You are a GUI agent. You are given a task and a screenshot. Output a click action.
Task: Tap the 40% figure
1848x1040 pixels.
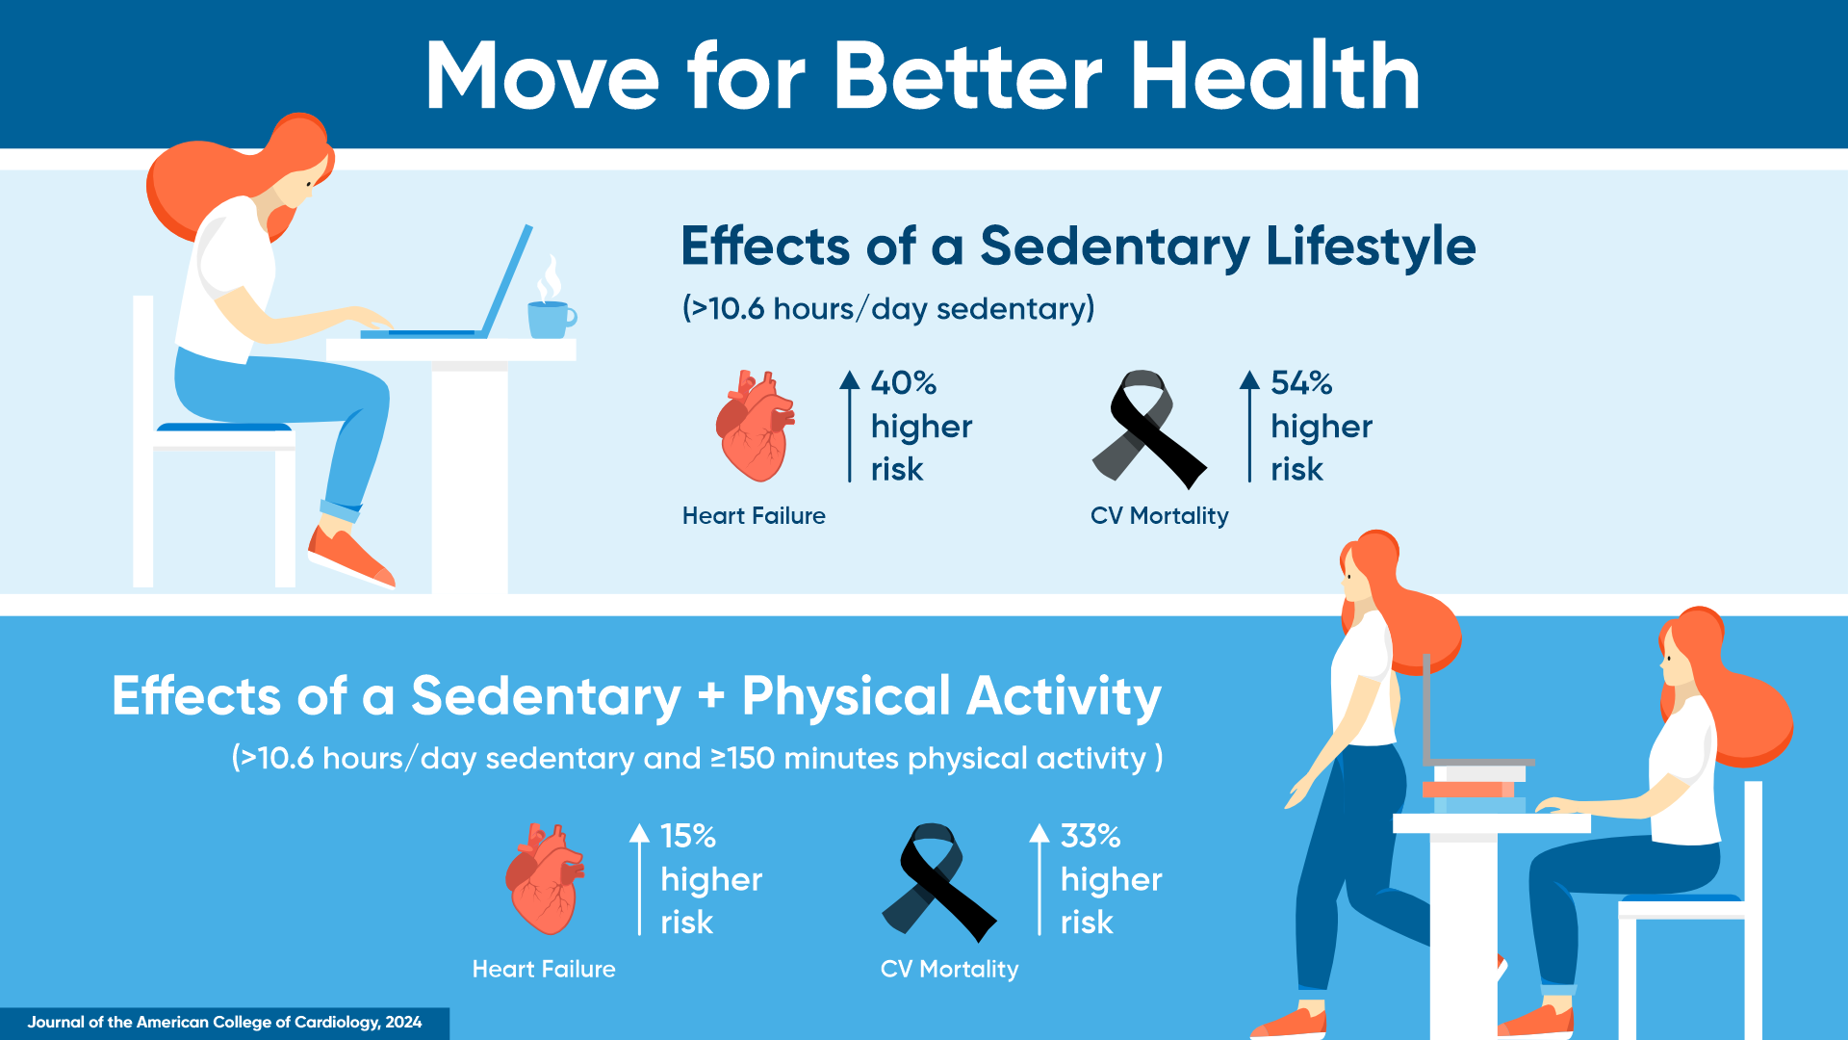point(903,383)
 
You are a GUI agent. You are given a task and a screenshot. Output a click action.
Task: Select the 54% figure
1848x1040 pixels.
point(1301,383)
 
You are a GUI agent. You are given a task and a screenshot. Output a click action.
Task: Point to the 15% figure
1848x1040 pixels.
point(688,836)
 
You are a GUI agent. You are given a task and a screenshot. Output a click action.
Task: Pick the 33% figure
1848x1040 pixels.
point(1091,836)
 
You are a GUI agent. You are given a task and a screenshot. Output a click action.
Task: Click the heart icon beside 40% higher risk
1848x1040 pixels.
point(756,426)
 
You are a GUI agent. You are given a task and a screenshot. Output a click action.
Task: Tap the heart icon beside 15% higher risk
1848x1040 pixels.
point(545,879)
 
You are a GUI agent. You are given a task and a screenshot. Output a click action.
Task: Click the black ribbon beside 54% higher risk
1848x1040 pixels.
point(1148,429)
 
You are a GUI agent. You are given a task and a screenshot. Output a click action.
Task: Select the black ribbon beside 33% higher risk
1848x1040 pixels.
point(938,882)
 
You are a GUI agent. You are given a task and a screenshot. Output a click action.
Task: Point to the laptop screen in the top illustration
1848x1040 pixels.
point(506,280)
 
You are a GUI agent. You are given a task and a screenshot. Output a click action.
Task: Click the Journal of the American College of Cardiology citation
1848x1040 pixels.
point(224,1022)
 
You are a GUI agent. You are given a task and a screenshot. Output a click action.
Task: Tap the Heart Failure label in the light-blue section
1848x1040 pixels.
point(754,515)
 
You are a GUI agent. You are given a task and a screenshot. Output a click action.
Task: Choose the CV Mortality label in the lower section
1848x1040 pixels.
point(949,969)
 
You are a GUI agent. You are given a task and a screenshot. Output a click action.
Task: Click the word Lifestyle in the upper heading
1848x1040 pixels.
point(1371,247)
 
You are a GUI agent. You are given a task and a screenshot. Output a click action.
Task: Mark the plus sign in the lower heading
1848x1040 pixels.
point(711,696)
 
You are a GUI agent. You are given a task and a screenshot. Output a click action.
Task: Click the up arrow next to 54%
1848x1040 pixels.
point(1249,426)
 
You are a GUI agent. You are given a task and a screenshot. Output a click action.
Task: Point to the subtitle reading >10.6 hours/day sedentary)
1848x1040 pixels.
point(888,308)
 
